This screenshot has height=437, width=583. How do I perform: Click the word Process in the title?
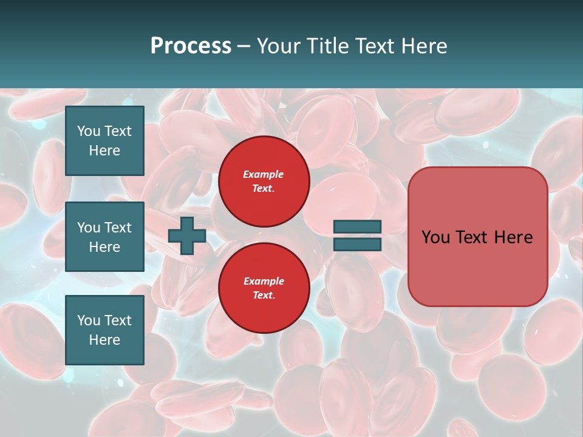click(x=191, y=46)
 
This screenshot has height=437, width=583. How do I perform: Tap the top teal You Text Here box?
click(x=104, y=141)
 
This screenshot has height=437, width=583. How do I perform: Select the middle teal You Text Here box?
click(x=104, y=237)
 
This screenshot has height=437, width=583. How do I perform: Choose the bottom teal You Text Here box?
click(x=104, y=330)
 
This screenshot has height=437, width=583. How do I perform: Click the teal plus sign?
click(x=187, y=235)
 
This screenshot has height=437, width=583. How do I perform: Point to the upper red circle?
click(x=264, y=181)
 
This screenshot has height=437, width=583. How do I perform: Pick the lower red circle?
click(x=264, y=288)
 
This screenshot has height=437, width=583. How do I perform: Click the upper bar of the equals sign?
click(x=358, y=226)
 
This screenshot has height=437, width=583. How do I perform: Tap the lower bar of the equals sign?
click(x=358, y=244)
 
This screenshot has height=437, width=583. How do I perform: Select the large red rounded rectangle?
click(x=477, y=237)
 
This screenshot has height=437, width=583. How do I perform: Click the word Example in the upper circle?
click(x=264, y=174)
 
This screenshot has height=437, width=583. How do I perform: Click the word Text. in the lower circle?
click(x=264, y=296)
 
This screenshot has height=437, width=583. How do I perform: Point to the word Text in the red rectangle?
click(x=474, y=237)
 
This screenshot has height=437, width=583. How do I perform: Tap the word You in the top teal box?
click(x=89, y=131)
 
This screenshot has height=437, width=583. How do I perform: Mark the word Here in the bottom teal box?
click(x=104, y=340)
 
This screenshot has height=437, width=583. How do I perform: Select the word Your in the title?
click(x=279, y=46)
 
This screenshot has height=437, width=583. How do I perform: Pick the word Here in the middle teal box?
click(x=104, y=247)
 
